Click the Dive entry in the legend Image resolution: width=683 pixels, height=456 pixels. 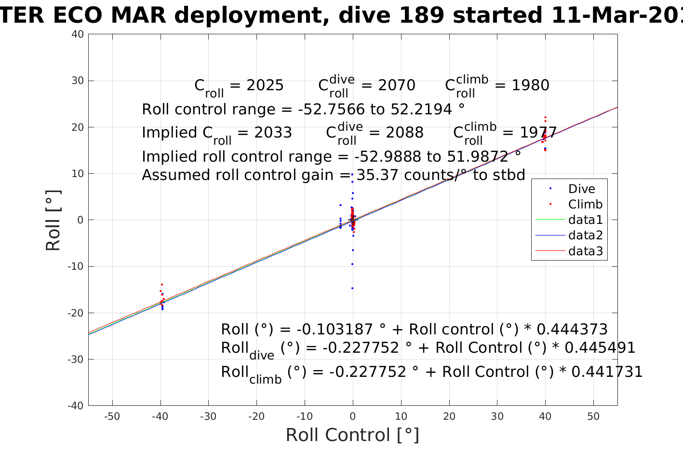click(581, 189)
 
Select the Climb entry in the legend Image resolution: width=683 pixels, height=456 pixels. click(585, 204)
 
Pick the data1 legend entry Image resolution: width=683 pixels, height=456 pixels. click(585, 220)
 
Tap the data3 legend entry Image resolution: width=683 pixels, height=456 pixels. click(585, 251)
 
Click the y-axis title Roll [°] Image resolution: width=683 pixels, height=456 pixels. click(53, 220)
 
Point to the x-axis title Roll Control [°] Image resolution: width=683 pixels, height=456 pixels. click(352, 435)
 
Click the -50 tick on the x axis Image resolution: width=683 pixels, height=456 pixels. click(112, 416)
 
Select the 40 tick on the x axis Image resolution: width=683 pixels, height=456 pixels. click(545, 416)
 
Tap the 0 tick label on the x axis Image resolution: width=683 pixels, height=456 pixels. click(353, 416)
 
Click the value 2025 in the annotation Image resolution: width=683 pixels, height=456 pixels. click(265, 85)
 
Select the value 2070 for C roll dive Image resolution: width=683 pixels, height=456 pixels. click(397, 85)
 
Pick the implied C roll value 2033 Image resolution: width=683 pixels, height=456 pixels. click(273, 133)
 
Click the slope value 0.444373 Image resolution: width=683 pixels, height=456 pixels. click(572, 330)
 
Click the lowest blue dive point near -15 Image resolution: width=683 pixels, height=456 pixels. click(352, 288)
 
